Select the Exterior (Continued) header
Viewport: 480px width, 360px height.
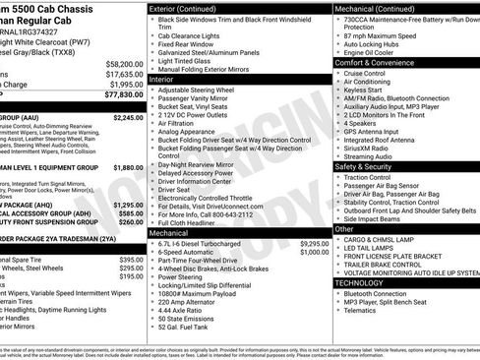(x=192, y=8)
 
